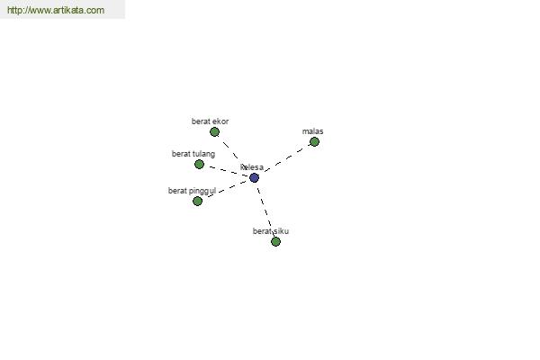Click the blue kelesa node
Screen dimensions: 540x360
click(254, 178)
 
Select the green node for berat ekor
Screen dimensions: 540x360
click(214, 131)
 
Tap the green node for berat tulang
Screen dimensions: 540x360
click(199, 165)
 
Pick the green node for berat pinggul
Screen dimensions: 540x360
click(197, 201)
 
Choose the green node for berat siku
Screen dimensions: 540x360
click(275, 241)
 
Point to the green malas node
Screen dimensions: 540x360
click(314, 141)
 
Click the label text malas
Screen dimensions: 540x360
click(312, 131)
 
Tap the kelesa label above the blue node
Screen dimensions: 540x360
click(252, 167)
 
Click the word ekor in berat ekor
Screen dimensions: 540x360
click(220, 121)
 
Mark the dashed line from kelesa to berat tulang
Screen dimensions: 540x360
click(226, 171)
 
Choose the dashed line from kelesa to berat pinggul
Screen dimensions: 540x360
click(226, 189)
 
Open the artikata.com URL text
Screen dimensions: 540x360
click(56, 10)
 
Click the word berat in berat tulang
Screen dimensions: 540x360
click(181, 154)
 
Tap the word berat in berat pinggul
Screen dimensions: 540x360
click(177, 191)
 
